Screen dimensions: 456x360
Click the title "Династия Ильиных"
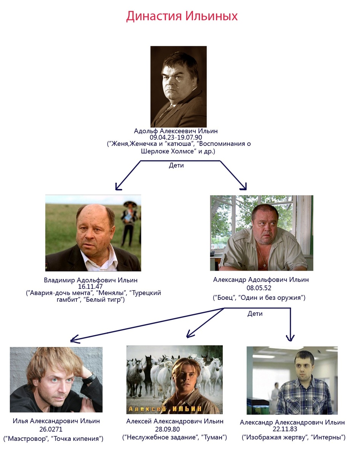(182, 16)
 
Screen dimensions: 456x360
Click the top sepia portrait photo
(178, 87)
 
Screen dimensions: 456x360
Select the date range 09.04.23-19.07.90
(176, 137)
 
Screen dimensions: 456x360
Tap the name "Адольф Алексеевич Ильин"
(176, 131)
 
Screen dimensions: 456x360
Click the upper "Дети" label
(176, 166)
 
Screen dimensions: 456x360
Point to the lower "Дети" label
(255, 314)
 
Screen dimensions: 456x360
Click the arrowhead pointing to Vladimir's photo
(117, 187)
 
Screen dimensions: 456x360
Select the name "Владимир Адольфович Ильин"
(90, 280)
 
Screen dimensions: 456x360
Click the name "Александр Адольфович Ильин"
(261, 280)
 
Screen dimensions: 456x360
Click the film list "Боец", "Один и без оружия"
(259, 298)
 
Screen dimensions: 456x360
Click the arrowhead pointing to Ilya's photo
(73, 339)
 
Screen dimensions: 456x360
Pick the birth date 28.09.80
(174, 429)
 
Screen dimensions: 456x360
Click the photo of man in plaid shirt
(292, 380)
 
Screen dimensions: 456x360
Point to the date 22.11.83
(292, 429)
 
